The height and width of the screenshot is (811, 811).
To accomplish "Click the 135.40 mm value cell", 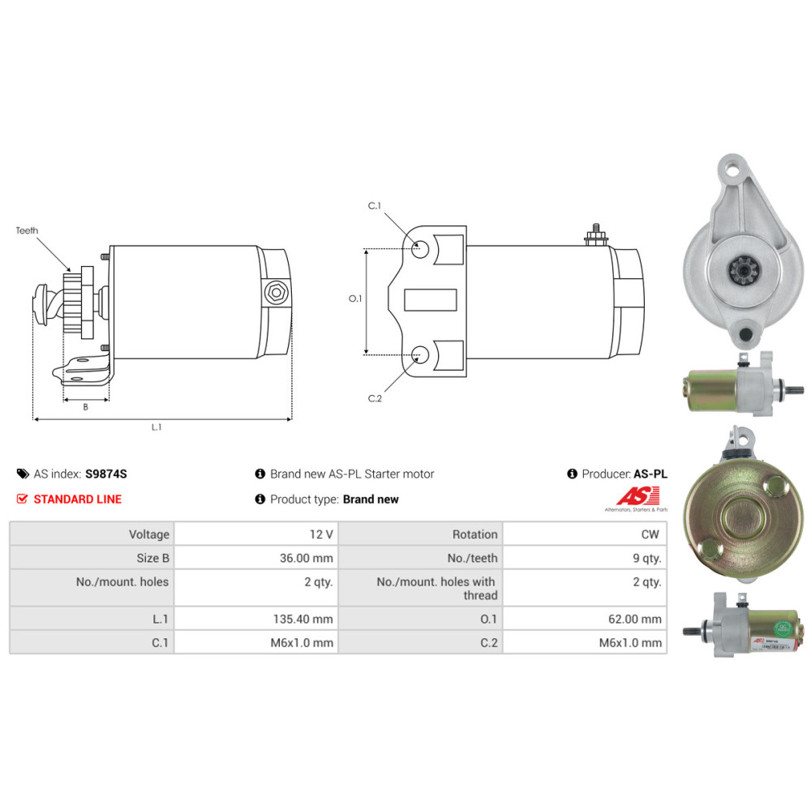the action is coord(303,619).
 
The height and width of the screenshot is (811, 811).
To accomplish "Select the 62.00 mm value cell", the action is coord(635,619).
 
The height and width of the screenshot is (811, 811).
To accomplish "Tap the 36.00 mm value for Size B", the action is coord(307,558).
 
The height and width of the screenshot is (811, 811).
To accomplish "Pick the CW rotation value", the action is coord(650,534).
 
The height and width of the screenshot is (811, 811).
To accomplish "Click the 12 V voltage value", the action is coord(321,534).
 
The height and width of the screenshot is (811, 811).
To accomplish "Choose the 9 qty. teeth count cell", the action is coord(647,558).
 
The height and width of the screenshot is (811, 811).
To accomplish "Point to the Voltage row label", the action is coord(149,534).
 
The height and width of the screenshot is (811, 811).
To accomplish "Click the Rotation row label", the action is coord(474,534).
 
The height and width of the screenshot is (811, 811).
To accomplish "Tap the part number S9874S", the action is coord(106,474).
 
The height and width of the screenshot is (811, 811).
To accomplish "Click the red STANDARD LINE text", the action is coord(78,499).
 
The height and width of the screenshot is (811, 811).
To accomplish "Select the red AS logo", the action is coord(638,496).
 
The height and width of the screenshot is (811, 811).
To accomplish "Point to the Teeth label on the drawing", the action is coord(27,230).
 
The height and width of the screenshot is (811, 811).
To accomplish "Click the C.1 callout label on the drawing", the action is coord(375,206).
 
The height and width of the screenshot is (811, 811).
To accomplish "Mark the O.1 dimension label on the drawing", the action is coord(355,298).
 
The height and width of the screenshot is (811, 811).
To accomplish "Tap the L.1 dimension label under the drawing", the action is coord(157,427).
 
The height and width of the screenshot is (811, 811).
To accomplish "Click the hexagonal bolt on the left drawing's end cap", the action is coord(277,293).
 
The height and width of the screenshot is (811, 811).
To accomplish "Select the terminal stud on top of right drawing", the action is coord(596,235).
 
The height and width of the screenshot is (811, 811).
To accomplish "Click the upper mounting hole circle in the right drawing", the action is coord(420,249).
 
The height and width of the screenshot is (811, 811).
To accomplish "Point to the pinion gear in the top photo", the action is coord(743,271).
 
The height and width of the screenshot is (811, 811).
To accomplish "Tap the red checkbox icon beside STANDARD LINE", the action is coord(22,499).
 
